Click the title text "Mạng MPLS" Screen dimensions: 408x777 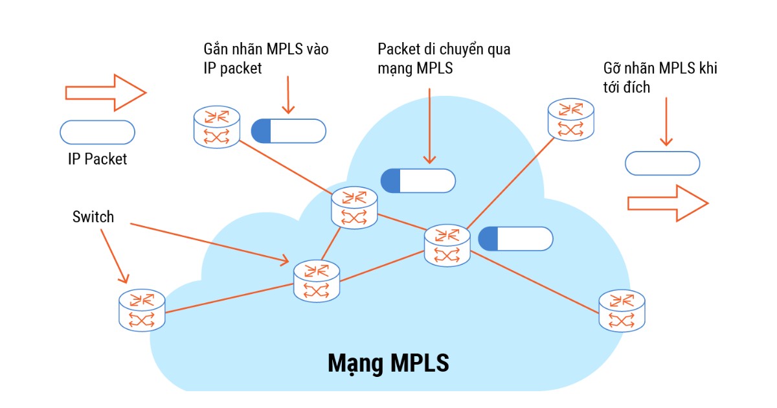388,363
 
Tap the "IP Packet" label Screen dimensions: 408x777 97,159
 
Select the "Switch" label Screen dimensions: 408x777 93,216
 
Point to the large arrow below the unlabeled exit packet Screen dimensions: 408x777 668,203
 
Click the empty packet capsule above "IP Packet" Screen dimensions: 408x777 97,132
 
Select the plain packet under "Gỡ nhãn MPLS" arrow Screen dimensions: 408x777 662,163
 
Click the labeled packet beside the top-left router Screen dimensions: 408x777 289,131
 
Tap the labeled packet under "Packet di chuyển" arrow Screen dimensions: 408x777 418,181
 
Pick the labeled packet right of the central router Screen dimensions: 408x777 515,238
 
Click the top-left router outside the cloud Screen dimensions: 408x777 217,127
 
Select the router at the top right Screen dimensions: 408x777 570,120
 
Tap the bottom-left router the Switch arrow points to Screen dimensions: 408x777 142,310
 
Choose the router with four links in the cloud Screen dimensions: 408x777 447,245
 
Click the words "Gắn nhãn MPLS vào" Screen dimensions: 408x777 265,50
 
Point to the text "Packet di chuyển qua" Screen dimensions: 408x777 444,49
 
